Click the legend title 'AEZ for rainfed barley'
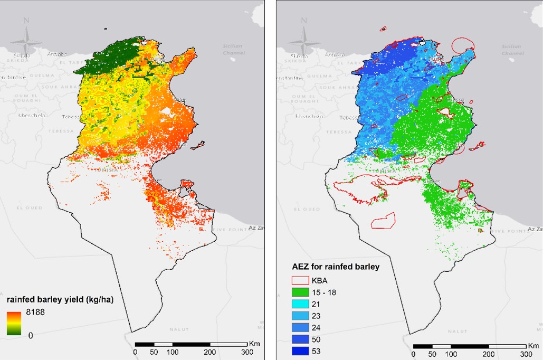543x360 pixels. tap(336, 267)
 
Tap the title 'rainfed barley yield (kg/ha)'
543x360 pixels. tap(61, 299)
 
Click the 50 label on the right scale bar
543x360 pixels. tap(432, 353)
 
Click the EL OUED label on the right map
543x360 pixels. tap(307, 209)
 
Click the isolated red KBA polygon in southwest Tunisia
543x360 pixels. tap(384, 220)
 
